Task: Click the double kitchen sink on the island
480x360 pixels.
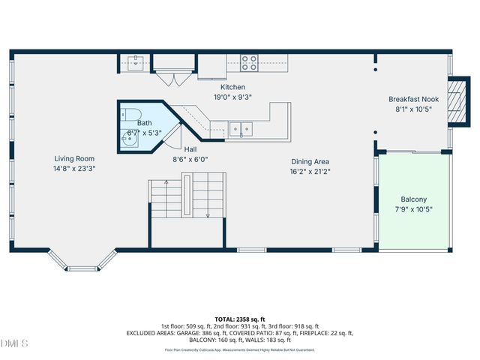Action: pyautogui.click(x=241, y=129)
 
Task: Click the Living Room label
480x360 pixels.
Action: pyautogui.click(x=73, y=158)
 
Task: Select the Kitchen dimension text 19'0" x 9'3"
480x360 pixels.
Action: pyautogui.click(x=211, y=97)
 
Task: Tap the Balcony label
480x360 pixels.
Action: pyautogui.click(x=413, y=199)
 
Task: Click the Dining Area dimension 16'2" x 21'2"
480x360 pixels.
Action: pyautogui.click(x=310, y=171)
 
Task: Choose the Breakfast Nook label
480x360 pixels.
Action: pyautogui.click(x=414, y=99)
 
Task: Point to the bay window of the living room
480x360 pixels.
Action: pyautogui.click(x=82, y=262)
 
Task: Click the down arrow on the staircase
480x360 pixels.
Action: pyautogui.click(x=208, y=214)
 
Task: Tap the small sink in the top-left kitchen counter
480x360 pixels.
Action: pyautogui.click(x=137, y=61)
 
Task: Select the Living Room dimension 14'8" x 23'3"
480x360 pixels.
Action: pyautogui.click(x=73, y=169)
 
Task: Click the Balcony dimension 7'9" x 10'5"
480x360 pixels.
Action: pyautogui.click(x=413, y=209)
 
